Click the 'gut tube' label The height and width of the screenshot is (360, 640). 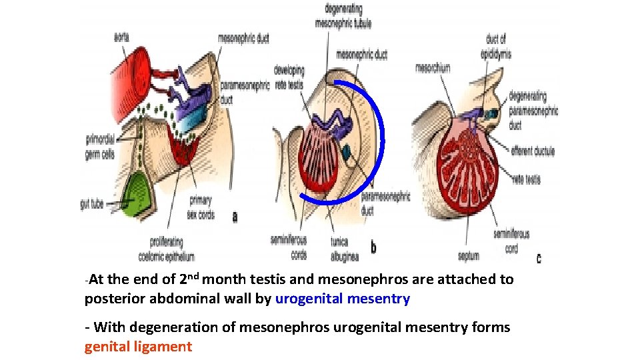click(x=91, y=204)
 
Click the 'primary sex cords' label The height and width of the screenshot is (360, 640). click(x=201, y=207)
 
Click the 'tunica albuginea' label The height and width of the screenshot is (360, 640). click(x=345, y=249)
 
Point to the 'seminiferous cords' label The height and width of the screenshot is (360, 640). click(x=289, y=247)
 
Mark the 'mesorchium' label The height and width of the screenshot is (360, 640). click(x=433, y=67)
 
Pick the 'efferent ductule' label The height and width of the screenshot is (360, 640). click(x=533, y=151)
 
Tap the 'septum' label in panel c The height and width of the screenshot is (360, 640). click(x=467, y=255)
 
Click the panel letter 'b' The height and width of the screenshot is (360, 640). click(x=373, y=248)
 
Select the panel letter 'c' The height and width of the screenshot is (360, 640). click(x=539, y=258)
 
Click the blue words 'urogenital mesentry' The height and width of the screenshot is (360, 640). click(x=343, y=299)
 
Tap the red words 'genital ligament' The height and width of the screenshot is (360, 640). click(x=138, y=347)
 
